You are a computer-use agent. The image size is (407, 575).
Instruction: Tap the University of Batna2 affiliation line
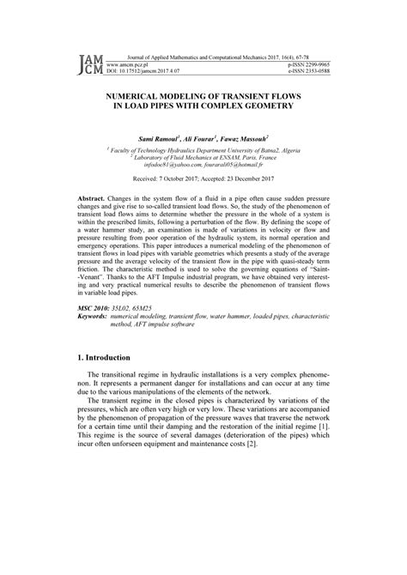[x=203, y=148]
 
